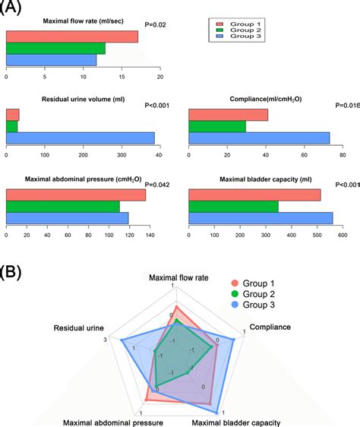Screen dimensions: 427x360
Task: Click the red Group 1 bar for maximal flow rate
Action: (x=72, y=36)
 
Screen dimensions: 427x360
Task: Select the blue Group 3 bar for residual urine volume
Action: (x=80, y=138)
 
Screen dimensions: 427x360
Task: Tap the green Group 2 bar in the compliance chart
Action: (x=217, y=126)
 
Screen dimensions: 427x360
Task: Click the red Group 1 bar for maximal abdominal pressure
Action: (x=76, y=195)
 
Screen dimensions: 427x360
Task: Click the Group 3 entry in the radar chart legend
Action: (x=250, y=304)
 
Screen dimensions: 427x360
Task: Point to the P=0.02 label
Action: (x=155, y=25)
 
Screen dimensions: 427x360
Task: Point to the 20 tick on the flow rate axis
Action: (x=160, y=77)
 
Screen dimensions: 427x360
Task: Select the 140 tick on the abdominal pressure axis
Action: (x=150, y=236)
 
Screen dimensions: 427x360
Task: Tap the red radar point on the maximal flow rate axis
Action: (x=176, y=305)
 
